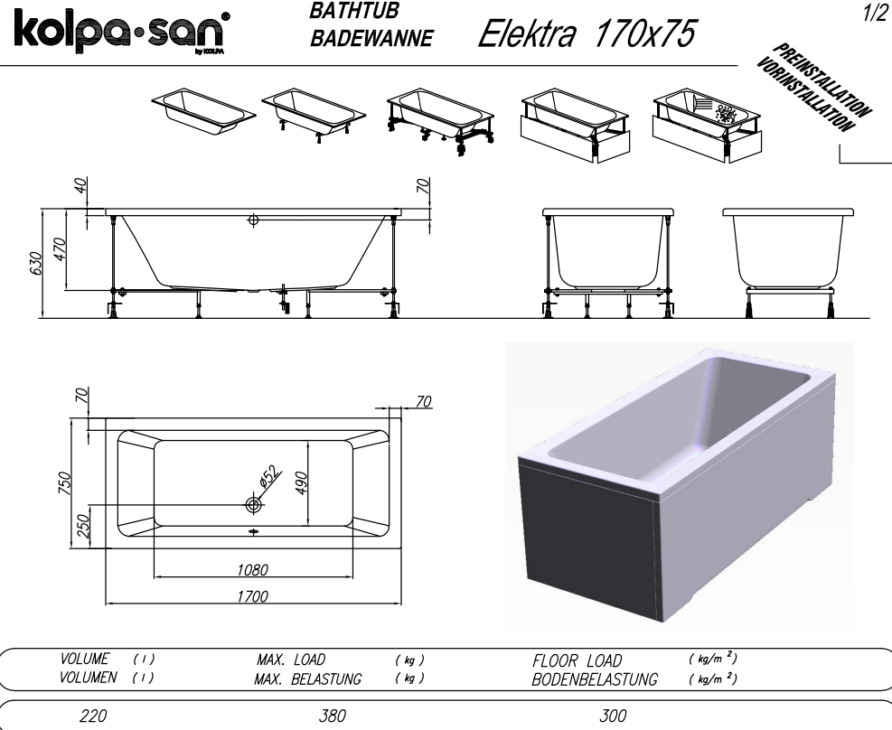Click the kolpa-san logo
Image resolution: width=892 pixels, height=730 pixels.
coord(122,33)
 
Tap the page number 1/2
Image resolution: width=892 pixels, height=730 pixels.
coord(875,14)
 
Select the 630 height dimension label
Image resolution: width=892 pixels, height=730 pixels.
coord(35,263)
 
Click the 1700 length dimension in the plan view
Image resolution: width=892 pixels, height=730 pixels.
coord(252,595)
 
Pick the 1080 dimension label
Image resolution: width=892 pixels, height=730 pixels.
coord(252,570)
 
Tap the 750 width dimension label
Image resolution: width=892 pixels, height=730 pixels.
coord(65,483)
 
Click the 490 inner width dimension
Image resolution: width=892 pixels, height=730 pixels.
coord(301,482)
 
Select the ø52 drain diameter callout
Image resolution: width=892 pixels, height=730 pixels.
coord(269,476)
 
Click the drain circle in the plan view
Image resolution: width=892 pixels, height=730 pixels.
coord(253,504)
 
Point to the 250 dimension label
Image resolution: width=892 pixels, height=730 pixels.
coord(83,525)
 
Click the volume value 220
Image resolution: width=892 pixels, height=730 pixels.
coord(93,716)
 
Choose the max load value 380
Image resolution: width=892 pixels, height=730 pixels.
coord(333,716)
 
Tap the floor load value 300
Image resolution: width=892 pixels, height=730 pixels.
coord(613,716)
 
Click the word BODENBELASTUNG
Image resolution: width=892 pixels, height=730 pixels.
coord(595,679)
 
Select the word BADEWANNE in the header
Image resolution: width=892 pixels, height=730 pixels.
coord(371,38)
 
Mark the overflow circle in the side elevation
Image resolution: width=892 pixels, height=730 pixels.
coord(253,220)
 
